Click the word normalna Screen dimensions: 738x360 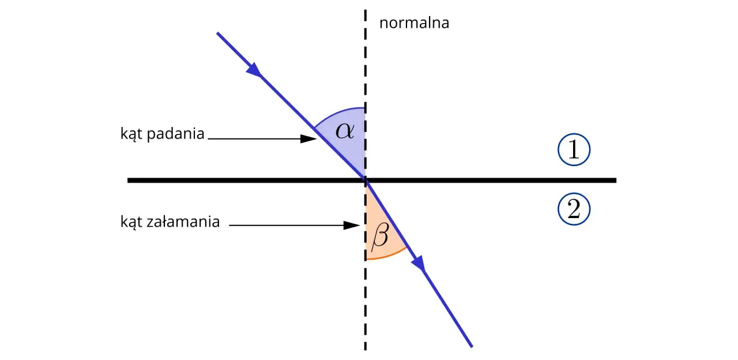pyautogui.click(x=414, y=23)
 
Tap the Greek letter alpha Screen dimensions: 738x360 pyautogui.click(x=345, y=130)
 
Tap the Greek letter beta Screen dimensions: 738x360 pyautogui.click(x=380, y=235)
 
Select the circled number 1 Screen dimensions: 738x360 pyautogui.click(x=574, y=149)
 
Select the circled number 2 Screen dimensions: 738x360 pyautogui.click(x=574, y=209)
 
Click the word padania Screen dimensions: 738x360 pyautogui.click(x=176, y=134)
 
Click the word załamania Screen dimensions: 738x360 pyautogui.click(x=183, y=222)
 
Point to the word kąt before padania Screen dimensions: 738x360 pyautogui.click(x=131, y=134)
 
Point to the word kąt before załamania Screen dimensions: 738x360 pyautogui.click(x=131, y=222)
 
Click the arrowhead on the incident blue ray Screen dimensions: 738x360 pyautogui.click(x=254, y=70)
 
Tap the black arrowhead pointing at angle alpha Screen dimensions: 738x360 pyautogui.click(x=308, y=139)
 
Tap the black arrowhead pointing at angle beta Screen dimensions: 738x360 pyautogui.click(x=352, y=226)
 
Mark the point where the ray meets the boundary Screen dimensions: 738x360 pyautogui.click(x=366, y=181)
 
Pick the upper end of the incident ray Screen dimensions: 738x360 pyautogui.click(x=217, y=33)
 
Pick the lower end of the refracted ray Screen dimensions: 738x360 pyautogui.click(x=472, y=347)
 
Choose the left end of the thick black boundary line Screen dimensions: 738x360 pyautogui.click(x=128, y=181)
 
